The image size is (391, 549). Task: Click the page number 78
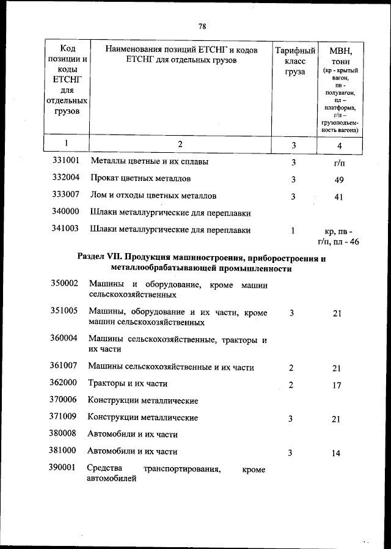point(202,26)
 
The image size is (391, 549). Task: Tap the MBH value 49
point(339,180)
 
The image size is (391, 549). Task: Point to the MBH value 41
point(339,197)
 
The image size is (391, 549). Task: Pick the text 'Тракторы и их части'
point(128,384)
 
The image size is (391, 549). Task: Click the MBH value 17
point(337,386)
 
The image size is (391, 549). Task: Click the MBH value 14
point(337,454)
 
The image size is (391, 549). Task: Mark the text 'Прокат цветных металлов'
point(141,179)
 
